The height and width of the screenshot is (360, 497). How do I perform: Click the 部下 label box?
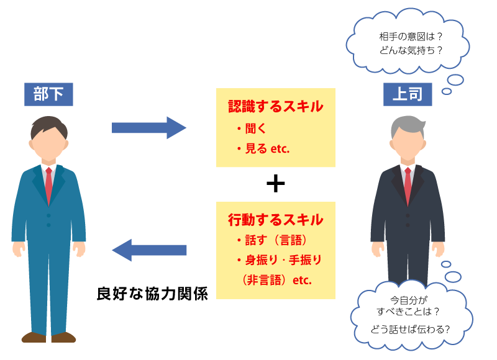pyautogui.click(x=48, y=94)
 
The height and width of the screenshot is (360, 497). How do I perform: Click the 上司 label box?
pyautogui.click(x=408, y=94)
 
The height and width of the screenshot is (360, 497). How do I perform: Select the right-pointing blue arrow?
pyautogui.click(x=149, y=128)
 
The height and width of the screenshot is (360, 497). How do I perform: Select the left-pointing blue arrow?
pyautogui.click(x=149, y=250)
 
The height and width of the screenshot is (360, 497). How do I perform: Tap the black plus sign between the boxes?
pyautogui.click(x=275, y=184)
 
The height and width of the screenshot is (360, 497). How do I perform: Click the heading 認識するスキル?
pyautogui.click(x=275, y=106)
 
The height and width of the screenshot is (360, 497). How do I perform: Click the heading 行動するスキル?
pyautogui.click(x=275, y=219)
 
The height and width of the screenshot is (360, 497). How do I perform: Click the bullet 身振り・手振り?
pyautogui.click(x=278, y=259)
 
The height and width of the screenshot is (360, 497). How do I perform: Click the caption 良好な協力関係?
pyautogui.click(x=152, y=292)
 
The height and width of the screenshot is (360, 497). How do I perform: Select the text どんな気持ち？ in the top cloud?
pyautogui.click(x=411, y=51)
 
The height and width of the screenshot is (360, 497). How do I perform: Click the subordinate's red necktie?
pyautogui.click(x=48, y=184)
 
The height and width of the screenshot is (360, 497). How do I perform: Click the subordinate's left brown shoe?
pyautogui.click(x=34, y=337)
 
